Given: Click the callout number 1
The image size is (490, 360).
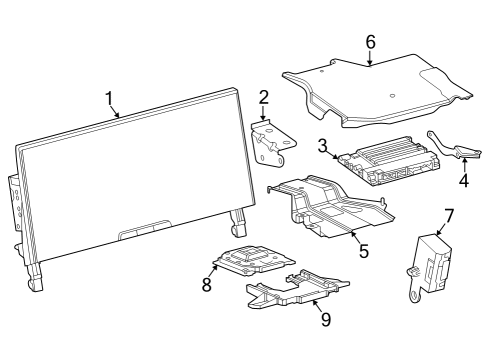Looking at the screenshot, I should pyautogui.click(x=109, y=98).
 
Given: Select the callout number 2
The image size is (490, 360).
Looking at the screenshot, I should pyautogui.click(x=263, y=97).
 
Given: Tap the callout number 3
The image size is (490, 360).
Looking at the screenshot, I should pyautogui.click(x=324, y=144).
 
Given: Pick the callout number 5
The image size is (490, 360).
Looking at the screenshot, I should pyautogui.click(x=364, y=251).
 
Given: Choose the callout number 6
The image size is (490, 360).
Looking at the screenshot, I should pyautogui.click(x=370, y=42).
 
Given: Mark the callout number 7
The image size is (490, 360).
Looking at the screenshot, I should pyautogui.click(x=449, y=214).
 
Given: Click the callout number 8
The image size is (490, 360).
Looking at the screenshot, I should pyautogui.click(x=208, y=284).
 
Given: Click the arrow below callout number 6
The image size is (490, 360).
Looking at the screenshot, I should pyautogui.click(x=370, y=59).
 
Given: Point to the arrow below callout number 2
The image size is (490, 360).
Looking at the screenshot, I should pyautogui.click(x=263, y=113).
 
